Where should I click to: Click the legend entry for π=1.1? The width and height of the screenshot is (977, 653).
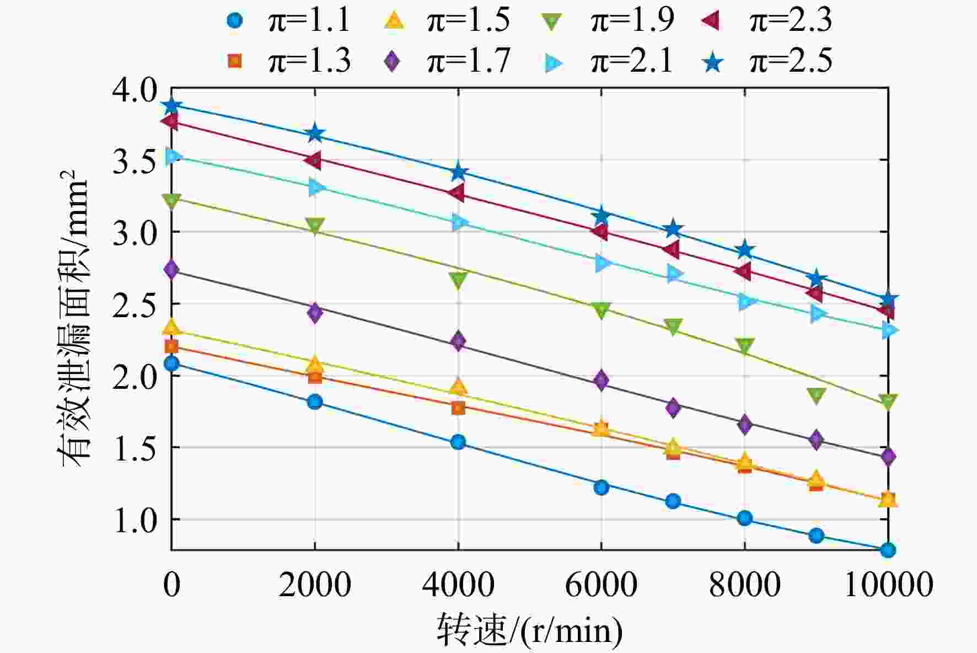pos(288,20)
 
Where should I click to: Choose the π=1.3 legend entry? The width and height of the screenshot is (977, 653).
pos(288,61)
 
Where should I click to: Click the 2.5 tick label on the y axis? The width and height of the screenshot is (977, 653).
pos(134,304)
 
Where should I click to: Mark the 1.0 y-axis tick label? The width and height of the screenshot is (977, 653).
pos(134,520)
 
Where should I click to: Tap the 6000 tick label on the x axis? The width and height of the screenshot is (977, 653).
pos(601,584)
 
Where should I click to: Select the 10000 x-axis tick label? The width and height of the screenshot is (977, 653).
pos(888,584)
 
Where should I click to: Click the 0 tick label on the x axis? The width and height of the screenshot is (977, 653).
pos(171,584)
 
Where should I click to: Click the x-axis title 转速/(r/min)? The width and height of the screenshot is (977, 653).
pos(530,629)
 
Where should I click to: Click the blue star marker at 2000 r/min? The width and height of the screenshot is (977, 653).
pos(315,133)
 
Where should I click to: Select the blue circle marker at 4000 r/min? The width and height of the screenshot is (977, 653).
pos(458,442)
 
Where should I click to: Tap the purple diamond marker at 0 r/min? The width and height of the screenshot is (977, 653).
pos(171,270)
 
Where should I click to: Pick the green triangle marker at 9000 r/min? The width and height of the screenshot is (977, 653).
pos(817,395)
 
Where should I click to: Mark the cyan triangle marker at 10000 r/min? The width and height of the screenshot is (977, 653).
pos(889,330)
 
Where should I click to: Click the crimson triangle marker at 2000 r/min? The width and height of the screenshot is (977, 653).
pos(314,160)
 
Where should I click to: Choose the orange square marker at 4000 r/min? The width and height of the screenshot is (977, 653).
pos(458,408)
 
